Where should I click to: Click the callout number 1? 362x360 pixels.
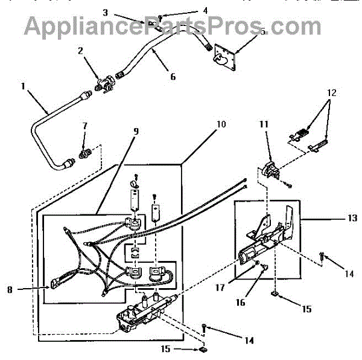coord(23,86)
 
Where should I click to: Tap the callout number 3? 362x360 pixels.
coord(106,11)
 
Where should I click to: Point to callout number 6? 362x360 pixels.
coord(173,77)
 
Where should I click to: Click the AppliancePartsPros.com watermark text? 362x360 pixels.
coord(173,27)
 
